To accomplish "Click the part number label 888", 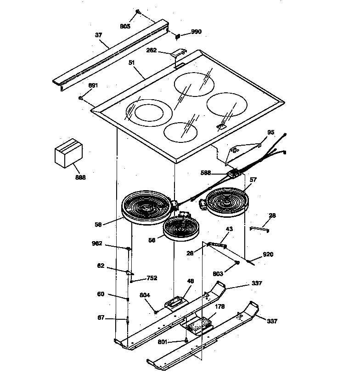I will [x=80, y=177].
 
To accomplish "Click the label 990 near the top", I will [x=196, y=32].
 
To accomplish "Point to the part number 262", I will [x=152, y=51].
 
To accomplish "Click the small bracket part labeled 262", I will [x=178, y=54].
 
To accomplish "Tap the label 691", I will [x=93, y=85].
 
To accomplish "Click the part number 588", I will [x=206, y=173].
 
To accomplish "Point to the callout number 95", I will [x=270, y=132].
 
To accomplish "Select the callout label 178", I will [x=220, y=306].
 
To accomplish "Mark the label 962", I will [x=97, y=243].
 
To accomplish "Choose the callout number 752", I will [x=152, y=278].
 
